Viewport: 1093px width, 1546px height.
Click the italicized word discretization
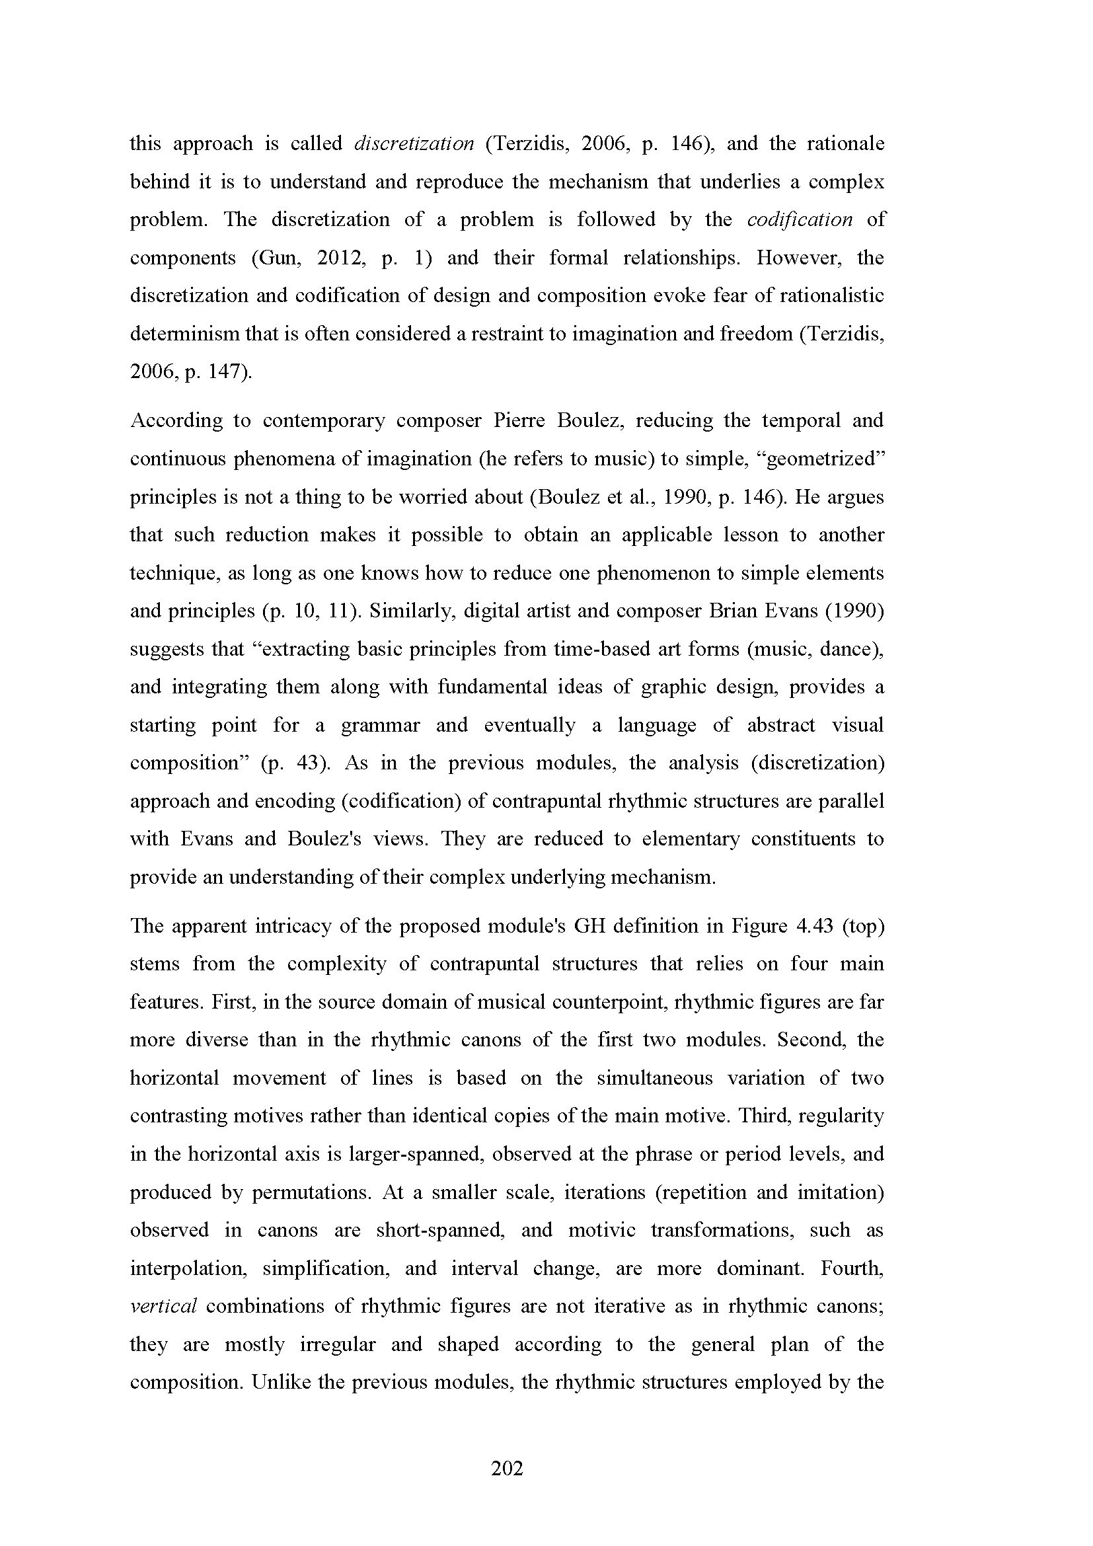[413, 143]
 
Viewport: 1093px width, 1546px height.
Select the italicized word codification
[800, 219]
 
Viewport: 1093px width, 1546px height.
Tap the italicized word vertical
[163, 1306]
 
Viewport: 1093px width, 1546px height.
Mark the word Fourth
[851, 1268]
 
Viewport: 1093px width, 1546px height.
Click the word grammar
[380, 725]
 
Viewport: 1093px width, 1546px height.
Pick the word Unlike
[280, 1382]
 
